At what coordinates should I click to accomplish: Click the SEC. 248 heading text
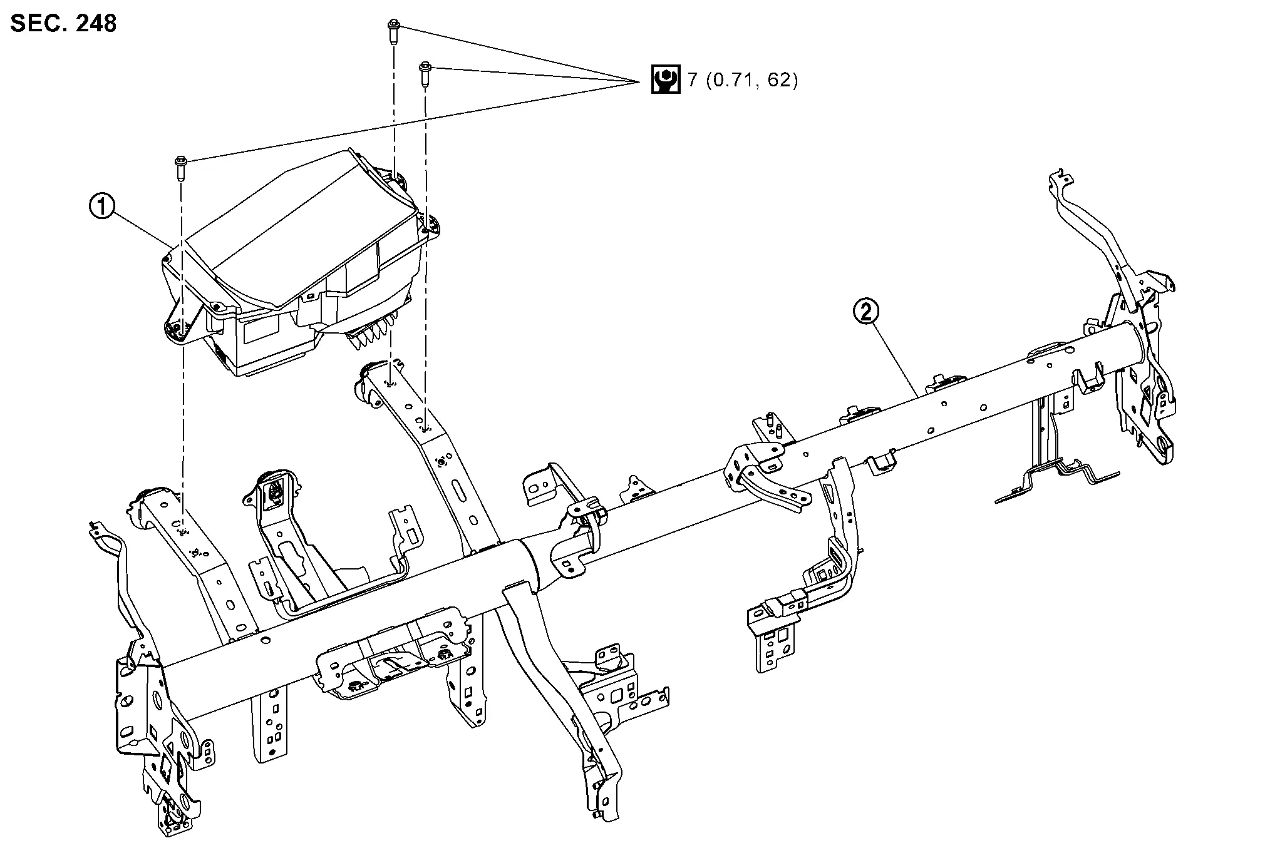(x=63, y=23)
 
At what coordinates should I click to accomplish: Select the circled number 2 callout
(x=867, y=312)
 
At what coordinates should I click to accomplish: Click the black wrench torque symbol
(x=665, y=79)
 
